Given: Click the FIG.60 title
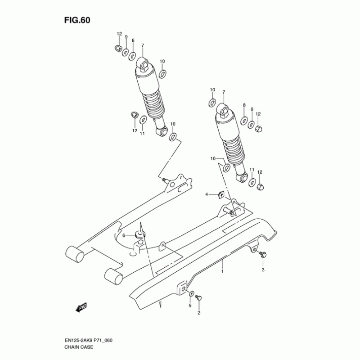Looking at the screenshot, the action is point(77,20).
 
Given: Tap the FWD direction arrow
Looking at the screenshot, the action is point(81,307).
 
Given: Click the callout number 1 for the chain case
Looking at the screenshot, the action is point(222,271).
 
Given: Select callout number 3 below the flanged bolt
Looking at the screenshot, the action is point(263,270).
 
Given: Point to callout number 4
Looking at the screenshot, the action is point(207,194).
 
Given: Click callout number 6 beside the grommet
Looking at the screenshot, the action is point(124,235).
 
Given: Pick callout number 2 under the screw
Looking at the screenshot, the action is point(199,313).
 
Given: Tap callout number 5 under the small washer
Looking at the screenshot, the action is point(190,306).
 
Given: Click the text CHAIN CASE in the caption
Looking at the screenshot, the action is point(79,347).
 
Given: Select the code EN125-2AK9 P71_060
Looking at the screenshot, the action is point(88,340).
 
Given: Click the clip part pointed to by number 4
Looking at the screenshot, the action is point(221,195).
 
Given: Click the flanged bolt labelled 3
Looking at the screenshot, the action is point(262,254).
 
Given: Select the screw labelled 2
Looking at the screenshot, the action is point(198,298).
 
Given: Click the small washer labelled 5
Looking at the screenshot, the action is point(191,293).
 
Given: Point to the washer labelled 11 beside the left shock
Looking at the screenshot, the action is point(143,120).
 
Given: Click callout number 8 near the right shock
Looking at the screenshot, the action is point(244,105).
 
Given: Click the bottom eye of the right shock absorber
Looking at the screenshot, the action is point(242,177).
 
